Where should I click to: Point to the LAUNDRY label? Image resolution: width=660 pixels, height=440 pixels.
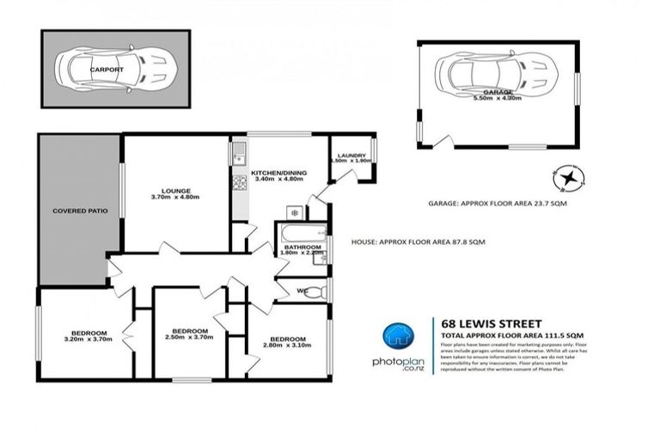(349, 154)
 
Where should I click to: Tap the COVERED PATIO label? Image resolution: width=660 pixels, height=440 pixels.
(80, 211)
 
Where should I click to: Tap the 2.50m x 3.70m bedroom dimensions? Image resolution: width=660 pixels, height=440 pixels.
(190, 338)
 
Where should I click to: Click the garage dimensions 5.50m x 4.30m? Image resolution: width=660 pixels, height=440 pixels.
(498, 100)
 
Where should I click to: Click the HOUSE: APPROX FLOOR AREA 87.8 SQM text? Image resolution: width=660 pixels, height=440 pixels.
(419, 243)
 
